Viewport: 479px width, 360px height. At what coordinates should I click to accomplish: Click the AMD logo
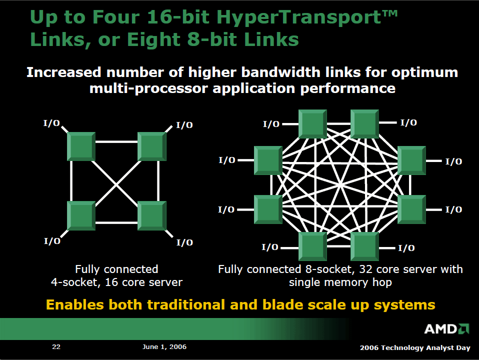tap(446, 329)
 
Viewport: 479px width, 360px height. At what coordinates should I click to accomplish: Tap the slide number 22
tap(56, 346)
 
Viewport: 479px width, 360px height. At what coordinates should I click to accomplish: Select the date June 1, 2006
tap(164, 347)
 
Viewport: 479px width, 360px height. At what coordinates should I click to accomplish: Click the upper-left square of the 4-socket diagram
tap(81, 146)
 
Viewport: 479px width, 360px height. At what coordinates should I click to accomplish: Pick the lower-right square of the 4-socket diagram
tap(152, 215)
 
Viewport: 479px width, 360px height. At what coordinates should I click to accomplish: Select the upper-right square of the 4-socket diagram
tap(152, 146)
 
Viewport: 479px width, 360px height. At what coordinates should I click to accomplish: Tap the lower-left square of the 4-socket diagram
tap(81, 215)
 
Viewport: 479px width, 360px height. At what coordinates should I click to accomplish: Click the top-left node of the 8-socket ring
tap(312, 124)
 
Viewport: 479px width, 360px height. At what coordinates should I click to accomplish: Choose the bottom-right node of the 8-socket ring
tap(364, 246)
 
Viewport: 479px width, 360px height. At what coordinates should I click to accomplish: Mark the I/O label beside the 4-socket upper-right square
tap(184, 125)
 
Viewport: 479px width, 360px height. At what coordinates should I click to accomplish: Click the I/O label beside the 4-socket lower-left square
tap(52, 241)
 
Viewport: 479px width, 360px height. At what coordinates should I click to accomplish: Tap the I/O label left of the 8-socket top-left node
tap(271, 124)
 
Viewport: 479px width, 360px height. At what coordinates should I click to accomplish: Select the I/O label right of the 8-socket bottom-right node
tap(406, 248)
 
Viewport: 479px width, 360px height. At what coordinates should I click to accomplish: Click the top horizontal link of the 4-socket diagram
tap(116, 142)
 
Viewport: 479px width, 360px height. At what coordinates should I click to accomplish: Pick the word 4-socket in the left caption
tap(76, 282)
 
